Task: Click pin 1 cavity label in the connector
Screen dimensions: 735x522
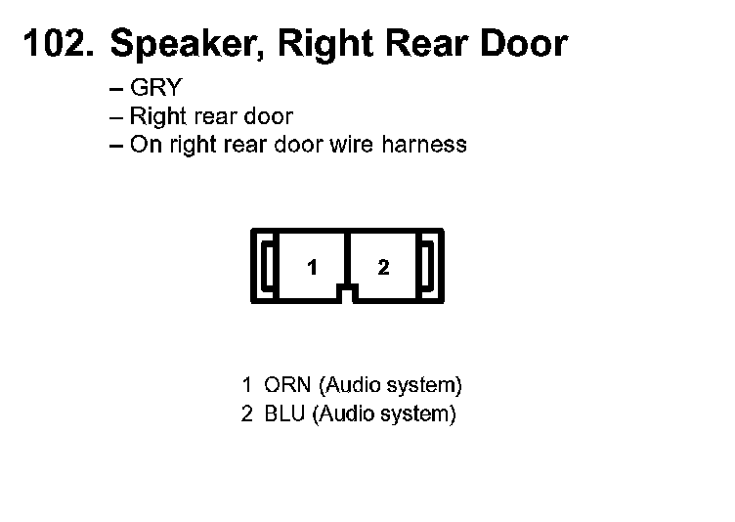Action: pyautogui.click(x=311, y=267)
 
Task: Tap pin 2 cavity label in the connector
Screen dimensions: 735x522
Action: pyautogui.click(x=383, y=267)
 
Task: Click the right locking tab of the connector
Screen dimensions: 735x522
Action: pyautogui.click(x=428, y=263)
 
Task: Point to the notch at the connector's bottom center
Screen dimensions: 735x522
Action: pyautogui.click(x=347, y=289)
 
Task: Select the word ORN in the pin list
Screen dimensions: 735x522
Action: pyautogui.click(x=287, y=383)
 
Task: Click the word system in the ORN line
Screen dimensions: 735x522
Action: pyautogui.click(x=424, y=383)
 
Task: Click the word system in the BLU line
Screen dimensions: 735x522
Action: pyautogui.click(x=418, y=413)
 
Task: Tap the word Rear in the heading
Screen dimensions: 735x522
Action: pyautogui.click(x=428, y=44)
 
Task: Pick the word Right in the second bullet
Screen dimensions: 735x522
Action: pyautogui.click(x=157, y=116)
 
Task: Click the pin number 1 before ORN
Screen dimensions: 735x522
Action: pyautogui.click(x=247, y=383)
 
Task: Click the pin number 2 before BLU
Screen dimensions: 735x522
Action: pyautogui.click(x=247, y=413)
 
